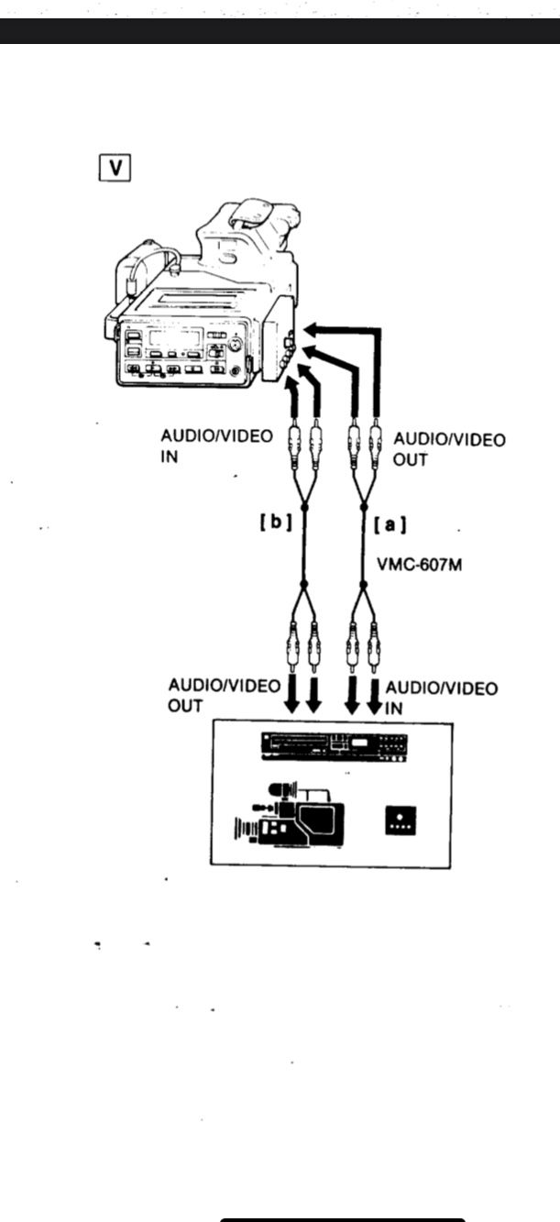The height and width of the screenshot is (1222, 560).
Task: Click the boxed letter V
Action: click(115, 169)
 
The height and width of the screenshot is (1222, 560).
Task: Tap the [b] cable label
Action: click(276, 525)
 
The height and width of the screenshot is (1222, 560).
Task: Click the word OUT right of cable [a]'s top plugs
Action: click(410, 459)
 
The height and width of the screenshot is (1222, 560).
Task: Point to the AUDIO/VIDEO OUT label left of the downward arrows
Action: click(224, 696)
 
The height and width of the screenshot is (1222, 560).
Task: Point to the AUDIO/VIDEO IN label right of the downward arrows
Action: click(442, 698)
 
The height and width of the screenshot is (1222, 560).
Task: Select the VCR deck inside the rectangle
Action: click(334, 746)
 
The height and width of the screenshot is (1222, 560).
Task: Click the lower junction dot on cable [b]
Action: click(304, 584)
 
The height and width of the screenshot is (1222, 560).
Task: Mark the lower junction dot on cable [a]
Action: click(363, 584)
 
